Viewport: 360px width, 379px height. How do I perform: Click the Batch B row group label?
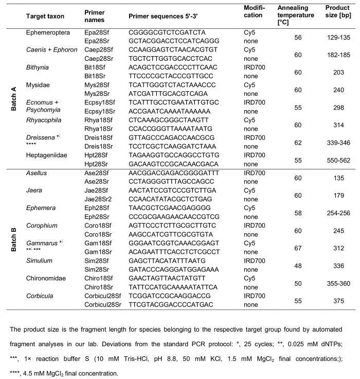pyautogui.click(x=15, y=239)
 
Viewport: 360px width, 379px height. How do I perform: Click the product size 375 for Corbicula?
pyautogui.click(x=338, y=300)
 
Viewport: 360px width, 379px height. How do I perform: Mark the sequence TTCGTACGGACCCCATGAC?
pyautogui.click(x=166, y=304)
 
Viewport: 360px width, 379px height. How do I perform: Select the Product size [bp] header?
pyautogui.click(x=338, y=11)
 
